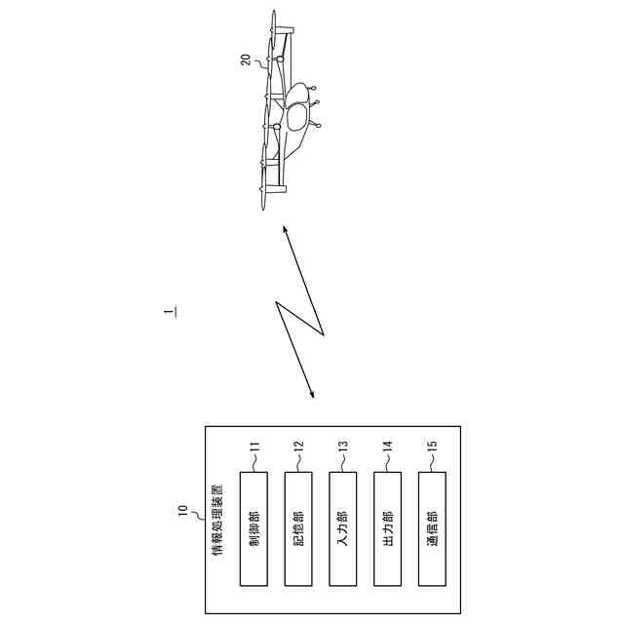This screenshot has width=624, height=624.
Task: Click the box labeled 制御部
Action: pos(253,529)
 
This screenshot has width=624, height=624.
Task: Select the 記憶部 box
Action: pos(298,529)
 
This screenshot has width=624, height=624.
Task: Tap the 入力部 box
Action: pos(343,529)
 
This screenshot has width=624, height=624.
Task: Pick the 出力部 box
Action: pos(388,529)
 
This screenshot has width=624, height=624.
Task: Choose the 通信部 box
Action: pos(433,529)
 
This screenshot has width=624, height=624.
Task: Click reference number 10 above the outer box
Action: pos(182,508)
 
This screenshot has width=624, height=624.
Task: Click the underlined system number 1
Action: pos(171,313)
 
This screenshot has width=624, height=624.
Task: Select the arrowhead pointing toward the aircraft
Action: pos(286,230)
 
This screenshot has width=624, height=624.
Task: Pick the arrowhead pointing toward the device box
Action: pos(312,394)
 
